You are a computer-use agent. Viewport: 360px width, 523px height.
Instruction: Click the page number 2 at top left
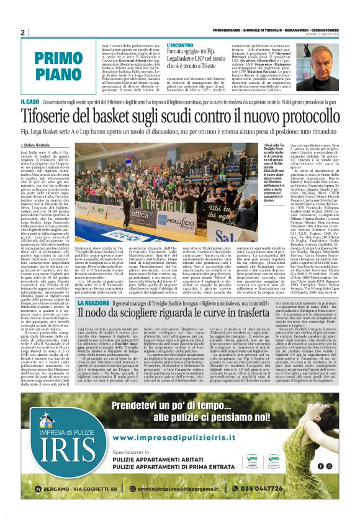coord(23,33)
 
